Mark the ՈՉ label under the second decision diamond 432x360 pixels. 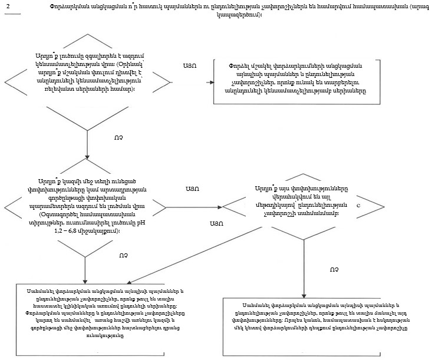click(x=123, y=255)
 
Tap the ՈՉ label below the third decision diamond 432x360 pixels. click(x=334, y=269)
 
